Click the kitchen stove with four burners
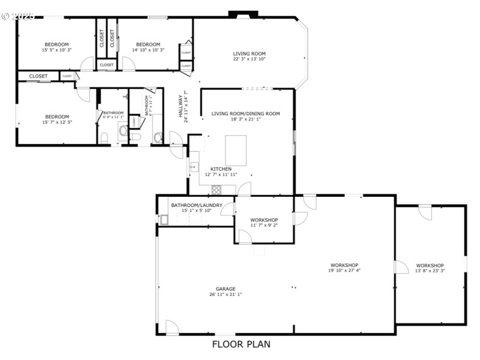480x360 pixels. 216,190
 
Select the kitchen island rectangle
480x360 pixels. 235,150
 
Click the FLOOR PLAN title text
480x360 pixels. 241,344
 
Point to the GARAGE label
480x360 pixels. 226,288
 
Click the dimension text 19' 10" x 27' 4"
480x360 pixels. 344,271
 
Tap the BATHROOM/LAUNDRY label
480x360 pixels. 197,205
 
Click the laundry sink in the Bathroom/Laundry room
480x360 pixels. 164,220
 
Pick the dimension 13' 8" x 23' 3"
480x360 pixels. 430,271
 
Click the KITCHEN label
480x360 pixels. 221,169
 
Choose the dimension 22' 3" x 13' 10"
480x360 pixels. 249,59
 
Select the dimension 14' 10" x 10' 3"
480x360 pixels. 148,50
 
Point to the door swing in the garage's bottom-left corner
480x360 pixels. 171,327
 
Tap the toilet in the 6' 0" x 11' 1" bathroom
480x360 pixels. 103,139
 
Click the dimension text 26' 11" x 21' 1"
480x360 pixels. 226,294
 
